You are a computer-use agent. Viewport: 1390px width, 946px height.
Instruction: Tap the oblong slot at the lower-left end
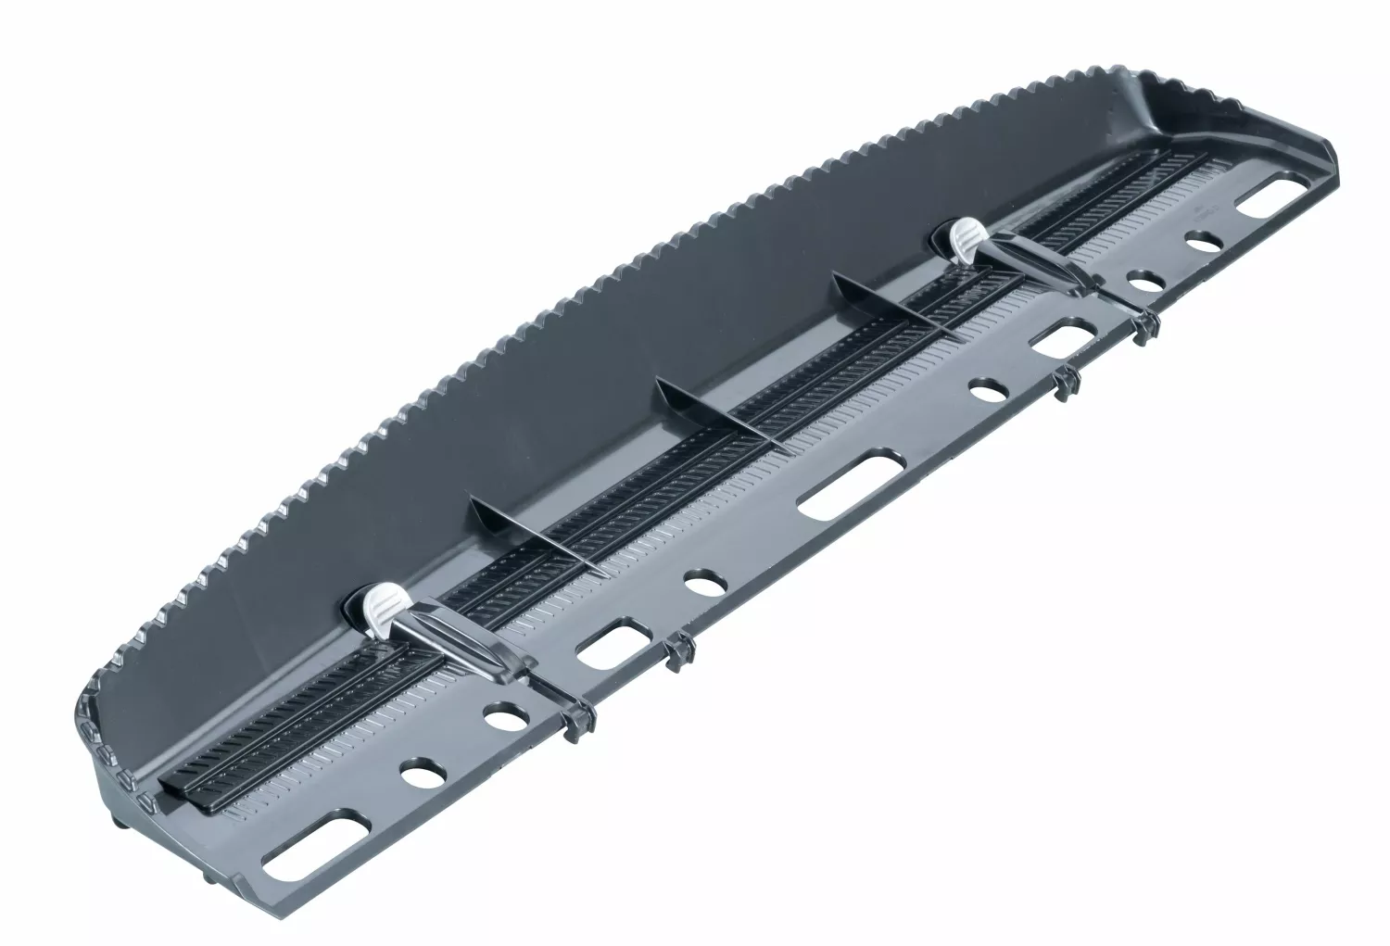pyautogui.click(x=305, y=844)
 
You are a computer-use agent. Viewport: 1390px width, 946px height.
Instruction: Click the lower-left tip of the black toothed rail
pyautogui.click(x=171, y=783)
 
